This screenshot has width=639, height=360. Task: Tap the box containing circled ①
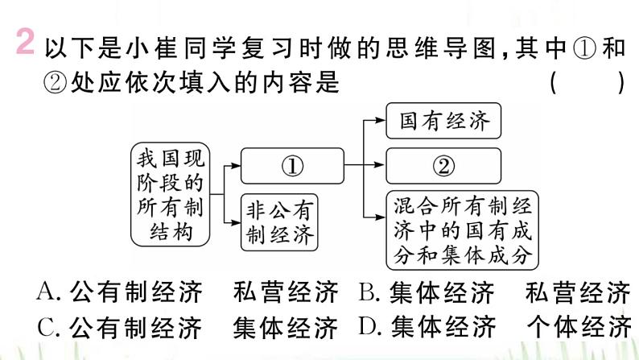(292, 165)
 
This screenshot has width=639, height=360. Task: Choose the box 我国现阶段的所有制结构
(171, 194)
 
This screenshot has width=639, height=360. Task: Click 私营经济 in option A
(285, 292)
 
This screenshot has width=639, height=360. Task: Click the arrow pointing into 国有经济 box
(376, 122)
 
